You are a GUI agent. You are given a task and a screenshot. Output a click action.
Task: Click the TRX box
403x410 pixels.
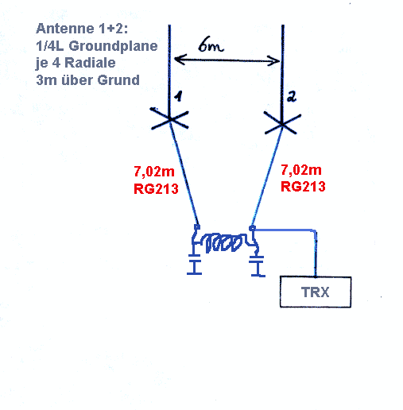[316, 292]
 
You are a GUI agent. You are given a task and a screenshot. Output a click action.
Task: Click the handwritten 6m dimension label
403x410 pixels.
[211, 44]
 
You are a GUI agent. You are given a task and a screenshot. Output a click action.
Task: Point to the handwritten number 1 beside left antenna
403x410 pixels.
[179, 96]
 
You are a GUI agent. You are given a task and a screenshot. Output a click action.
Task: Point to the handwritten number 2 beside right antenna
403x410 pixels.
[292, 97]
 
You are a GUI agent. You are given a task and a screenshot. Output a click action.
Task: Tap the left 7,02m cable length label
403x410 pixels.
[154, 172]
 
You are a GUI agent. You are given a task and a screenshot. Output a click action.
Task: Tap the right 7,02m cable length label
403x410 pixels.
[301, 170]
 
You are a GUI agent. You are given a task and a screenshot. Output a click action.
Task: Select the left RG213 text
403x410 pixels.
[156, 189]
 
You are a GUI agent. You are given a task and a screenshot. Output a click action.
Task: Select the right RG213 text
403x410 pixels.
[303, 187]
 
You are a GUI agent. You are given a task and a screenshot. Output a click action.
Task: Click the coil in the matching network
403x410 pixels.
[223, 242]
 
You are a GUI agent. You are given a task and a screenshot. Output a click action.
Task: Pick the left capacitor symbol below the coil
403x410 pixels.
[195, 265]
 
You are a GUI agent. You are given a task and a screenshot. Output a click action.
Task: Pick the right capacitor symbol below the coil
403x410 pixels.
[257, 266]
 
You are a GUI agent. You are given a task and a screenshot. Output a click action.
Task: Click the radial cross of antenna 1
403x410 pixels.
[169, 118]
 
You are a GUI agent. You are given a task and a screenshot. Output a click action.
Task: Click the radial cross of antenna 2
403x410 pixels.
[282, 124]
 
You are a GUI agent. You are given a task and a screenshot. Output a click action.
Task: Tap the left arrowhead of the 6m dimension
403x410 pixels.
[178, 60]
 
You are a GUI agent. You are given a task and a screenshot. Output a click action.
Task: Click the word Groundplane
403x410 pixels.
[113, 46]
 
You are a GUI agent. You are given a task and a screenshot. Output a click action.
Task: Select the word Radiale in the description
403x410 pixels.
[90, 63]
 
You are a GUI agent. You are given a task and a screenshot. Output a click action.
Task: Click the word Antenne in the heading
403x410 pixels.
[65, 29]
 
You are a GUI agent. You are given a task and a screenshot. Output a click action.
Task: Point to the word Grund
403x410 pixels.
[118, 80]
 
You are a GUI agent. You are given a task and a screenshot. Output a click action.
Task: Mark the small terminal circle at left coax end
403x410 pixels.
[197, 227]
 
